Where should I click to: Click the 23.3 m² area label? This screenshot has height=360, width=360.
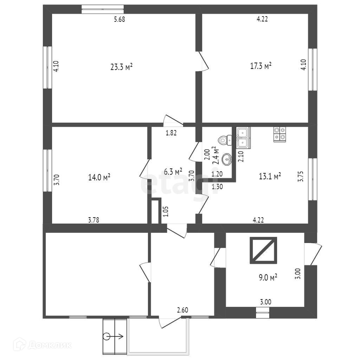tap(121, 67)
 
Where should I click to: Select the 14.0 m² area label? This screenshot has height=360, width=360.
tap(99, 177)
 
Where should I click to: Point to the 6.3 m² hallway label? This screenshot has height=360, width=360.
tap(173, 172)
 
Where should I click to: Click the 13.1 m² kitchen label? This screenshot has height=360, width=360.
tap(270, 176)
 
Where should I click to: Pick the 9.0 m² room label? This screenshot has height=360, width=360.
tap(268, 278)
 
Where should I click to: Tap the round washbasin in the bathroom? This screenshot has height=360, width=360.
tap(227, 160)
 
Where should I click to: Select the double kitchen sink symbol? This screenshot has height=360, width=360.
tap(243, 138)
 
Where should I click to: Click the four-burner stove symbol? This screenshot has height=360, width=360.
tap(280, 134)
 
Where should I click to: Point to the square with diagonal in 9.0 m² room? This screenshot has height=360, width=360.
tap(263, 250)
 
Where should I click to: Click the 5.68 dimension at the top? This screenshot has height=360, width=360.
tap(120, 20)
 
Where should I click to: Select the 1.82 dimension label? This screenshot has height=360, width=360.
tap(171, 133)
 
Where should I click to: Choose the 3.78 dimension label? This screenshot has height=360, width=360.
tap(94, 220)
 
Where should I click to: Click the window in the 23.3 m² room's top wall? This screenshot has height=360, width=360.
tap(103, 9)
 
